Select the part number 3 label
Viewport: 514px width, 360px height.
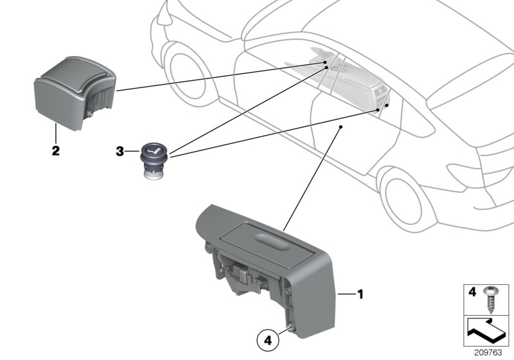(120, 152)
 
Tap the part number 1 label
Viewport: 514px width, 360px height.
(360, 295)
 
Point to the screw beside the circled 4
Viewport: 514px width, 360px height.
(291, 330)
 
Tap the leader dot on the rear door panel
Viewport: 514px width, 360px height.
(340, 128)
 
